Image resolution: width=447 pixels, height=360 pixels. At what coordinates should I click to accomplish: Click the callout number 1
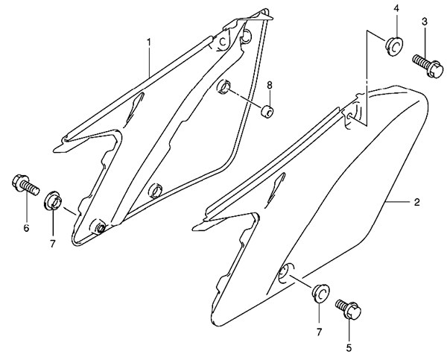[x=148, y=42]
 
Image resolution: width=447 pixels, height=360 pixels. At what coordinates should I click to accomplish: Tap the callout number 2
[x=416, y=202]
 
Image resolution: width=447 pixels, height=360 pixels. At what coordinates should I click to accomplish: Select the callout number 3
[x=425, y=22]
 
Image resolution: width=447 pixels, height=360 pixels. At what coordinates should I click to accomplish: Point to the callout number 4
[x=396, y=8]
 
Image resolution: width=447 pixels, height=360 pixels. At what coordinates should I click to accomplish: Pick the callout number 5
[x=349, y=348]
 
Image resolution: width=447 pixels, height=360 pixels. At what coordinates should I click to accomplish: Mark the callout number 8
[x=270, y=85]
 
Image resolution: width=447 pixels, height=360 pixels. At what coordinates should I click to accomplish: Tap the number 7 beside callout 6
[x=52, y=244]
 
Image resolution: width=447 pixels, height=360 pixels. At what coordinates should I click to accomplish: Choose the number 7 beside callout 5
[x=319, y=332]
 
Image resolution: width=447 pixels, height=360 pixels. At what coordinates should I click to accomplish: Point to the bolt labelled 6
[x=25, y=185]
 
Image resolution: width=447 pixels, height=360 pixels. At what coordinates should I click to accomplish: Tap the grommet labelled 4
[x=394, y=45]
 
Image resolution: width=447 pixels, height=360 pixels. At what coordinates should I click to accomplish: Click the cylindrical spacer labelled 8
[x=267, y=110]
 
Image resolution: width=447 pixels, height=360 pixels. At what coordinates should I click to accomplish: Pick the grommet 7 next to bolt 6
[x=53, y=200]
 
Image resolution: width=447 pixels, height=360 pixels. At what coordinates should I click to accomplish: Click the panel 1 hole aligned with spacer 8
[x=224, y=87]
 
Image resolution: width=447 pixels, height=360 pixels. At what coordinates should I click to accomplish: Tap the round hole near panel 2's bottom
[x=286, y=274]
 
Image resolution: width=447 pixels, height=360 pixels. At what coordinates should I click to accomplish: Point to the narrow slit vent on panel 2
[x=274, y=190]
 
